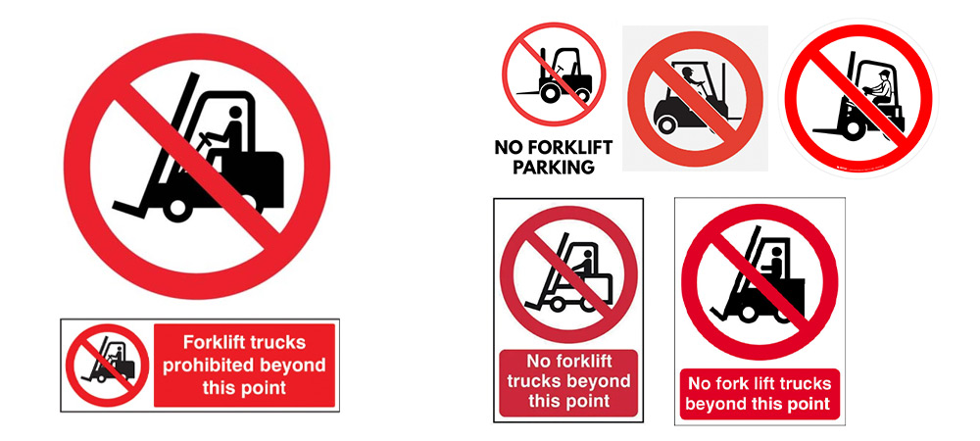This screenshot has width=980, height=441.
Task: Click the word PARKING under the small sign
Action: click(553, 168)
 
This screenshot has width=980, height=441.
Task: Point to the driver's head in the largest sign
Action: click(235, 113)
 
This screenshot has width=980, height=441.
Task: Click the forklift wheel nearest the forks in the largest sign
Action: click(177, 208)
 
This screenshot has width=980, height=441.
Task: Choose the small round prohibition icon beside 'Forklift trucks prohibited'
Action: click(108, 366)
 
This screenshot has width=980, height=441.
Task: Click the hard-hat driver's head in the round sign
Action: click(883, 76)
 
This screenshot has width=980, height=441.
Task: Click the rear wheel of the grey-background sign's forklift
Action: click(666, 124)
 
